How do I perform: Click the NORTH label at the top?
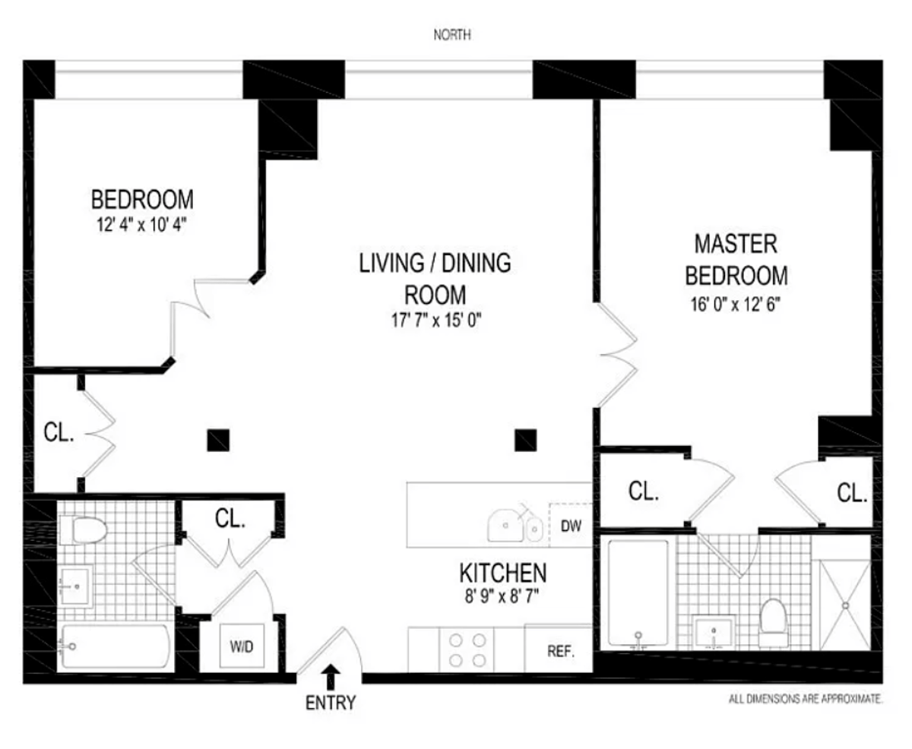454,34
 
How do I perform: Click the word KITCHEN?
502,572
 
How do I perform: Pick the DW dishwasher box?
569,524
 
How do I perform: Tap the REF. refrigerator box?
559,651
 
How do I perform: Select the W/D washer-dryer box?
242,647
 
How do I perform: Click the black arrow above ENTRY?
331,675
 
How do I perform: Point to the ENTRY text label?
331,703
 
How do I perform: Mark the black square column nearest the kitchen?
525,440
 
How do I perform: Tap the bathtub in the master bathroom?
638,593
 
